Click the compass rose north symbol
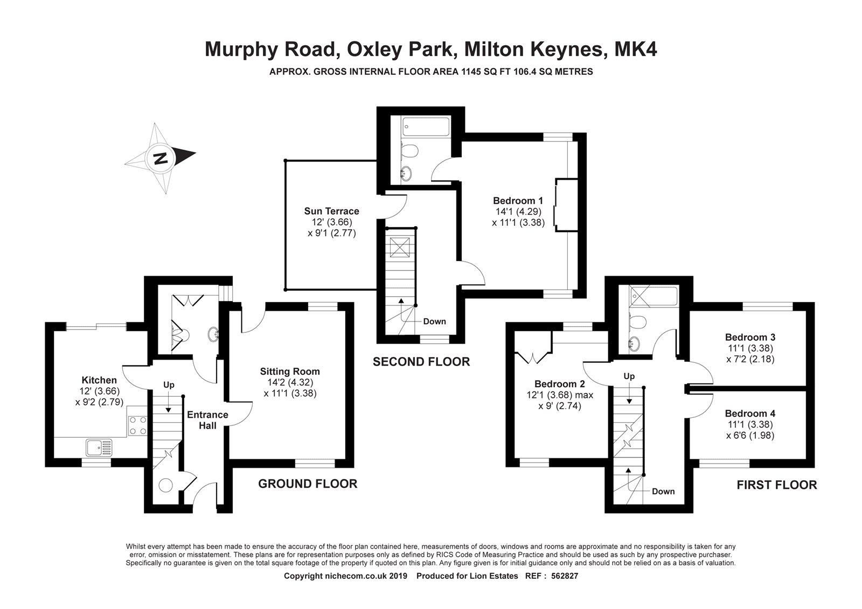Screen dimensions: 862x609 (x=160, y=158)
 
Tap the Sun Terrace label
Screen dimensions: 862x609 (x=331, y=211)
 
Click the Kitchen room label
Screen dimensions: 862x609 (x=99, y=380)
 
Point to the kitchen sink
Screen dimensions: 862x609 (x=100, y=446)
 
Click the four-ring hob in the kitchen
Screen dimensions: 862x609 (x=137, y=425)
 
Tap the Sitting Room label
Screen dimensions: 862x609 (x=290, y=372)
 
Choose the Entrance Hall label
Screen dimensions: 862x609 (x=207, y=420)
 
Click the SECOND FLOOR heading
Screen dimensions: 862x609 (x=421, y=362)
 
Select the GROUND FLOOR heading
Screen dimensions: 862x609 (x=308, y=484)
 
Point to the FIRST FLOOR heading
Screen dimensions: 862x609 (x=776, y=485)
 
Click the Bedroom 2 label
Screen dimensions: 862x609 (x=559, y=384)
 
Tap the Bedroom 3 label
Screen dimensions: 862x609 (x=750, y=338)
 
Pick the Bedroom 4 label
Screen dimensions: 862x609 (x=750, y=414)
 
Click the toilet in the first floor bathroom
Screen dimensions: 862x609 (x=637, y=323)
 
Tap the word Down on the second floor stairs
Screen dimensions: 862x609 (x=434, y=321)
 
